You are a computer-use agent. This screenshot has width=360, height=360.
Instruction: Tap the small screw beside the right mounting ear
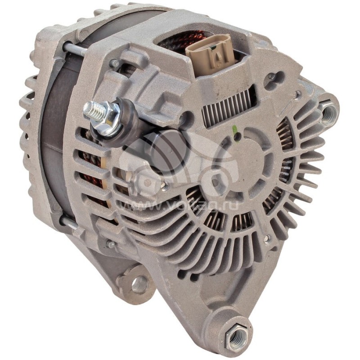click(x=297, y=94)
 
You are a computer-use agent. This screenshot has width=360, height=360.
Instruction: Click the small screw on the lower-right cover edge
click(x=267, y=239)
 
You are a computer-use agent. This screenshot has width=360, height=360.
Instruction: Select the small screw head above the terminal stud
click(x=115, y=63)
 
